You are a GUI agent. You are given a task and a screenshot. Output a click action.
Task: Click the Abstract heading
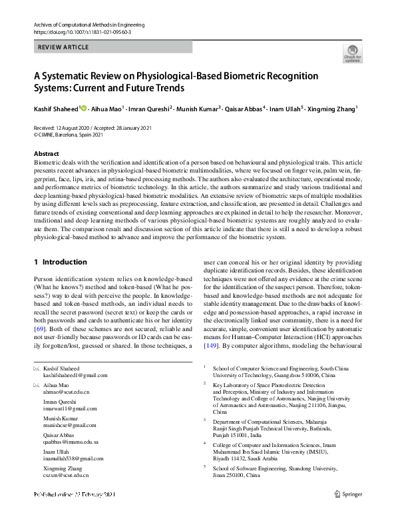(x=46, y=154)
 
